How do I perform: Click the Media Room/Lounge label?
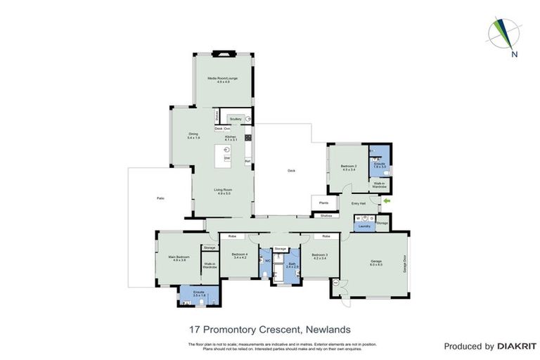(x=222, y=79)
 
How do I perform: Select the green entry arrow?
(x=385, y=201)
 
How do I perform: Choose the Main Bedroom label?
(x=177, y=259)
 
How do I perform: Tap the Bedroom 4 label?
(x=240, y=257)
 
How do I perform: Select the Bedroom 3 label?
(x=320, y=257)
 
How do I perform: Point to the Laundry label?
(x=364, y=226)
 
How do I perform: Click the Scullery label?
(x=236, y=120)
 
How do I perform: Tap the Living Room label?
(x=224, y=191)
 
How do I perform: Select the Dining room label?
(x=193, y=135)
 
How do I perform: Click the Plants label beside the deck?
(x=323, y=202)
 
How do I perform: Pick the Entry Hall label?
(x=359, y=203)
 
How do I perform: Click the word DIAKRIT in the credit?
(x=517, y=347)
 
